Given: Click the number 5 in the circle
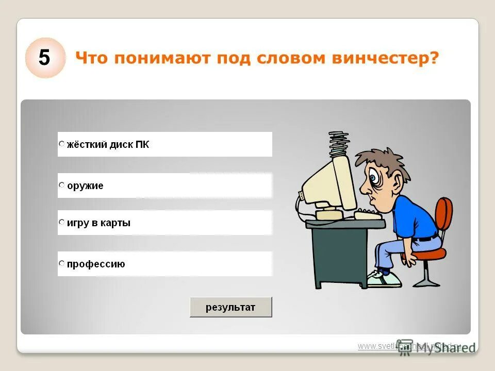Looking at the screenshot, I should [x=45, y=58].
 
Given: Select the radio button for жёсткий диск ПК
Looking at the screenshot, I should [x=62, y=144].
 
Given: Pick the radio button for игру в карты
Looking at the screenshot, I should [x=62, y=223].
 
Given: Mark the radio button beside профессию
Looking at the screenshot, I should [x=62, y=264].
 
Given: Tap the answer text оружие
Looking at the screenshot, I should [x=85, y=186].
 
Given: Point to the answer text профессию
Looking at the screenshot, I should [x=96, y=265].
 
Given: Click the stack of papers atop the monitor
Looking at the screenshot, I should [x=338, y=144].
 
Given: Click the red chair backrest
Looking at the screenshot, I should [x=443, y=216].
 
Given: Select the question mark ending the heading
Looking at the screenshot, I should [x=434, y=58].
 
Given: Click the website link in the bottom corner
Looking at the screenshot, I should [x=407, y=346].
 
